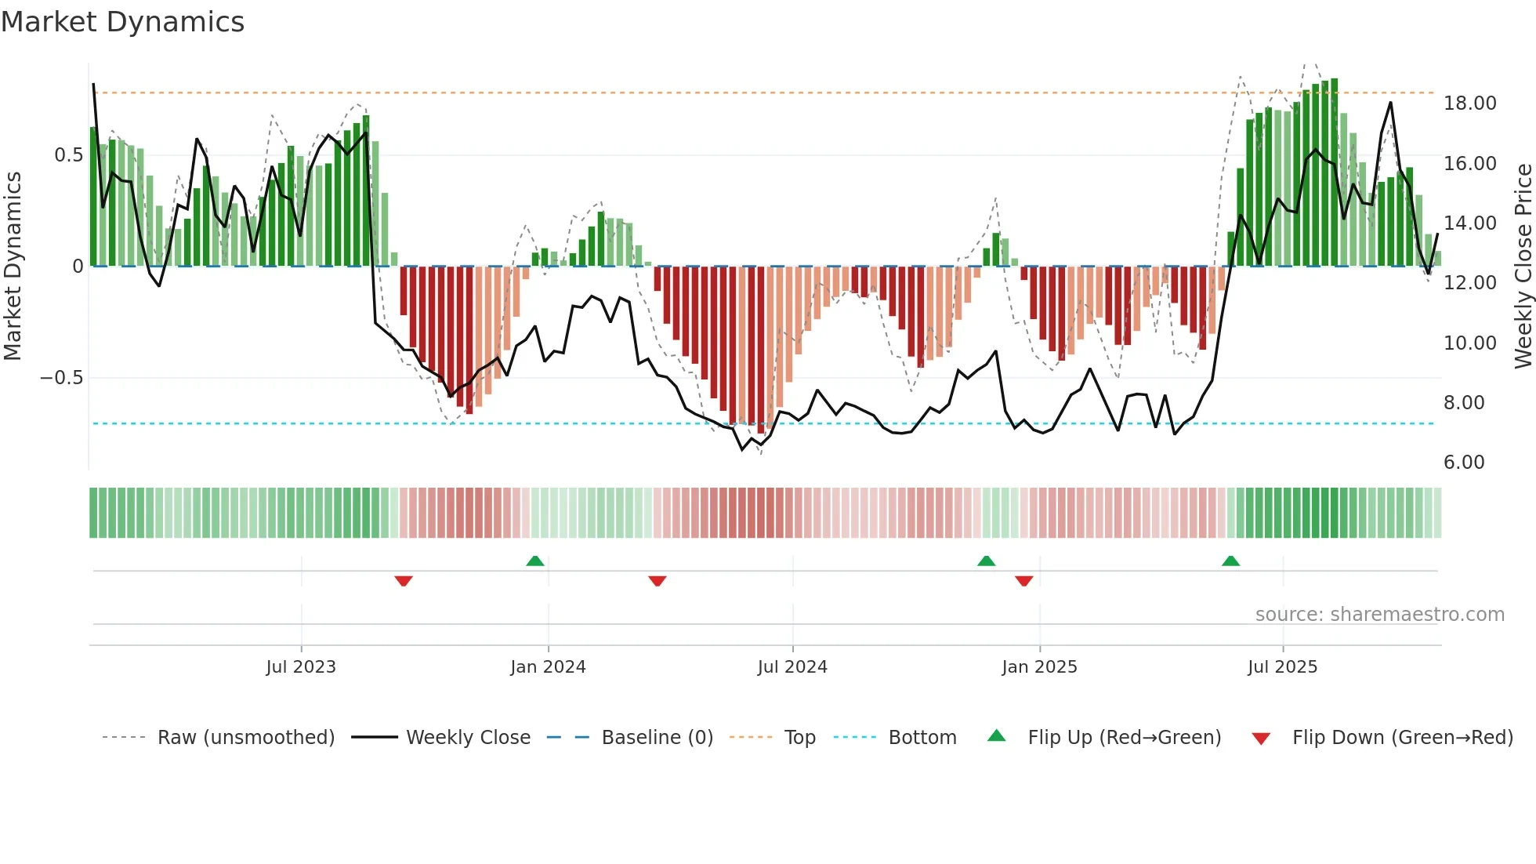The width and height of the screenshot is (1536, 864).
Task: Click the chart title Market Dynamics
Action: [122, 22]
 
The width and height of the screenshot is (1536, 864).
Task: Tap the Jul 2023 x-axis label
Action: [301, 667]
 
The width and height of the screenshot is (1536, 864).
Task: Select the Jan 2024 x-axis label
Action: [548, 667]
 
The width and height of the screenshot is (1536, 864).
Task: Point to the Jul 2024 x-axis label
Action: [792, 667]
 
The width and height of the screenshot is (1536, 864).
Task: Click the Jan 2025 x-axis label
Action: [1039, 667]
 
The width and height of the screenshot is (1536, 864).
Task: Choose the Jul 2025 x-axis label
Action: [1283, 667]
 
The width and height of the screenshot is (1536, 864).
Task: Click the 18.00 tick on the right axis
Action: [1470, 103]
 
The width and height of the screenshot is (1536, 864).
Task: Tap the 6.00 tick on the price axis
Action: [1464, 463]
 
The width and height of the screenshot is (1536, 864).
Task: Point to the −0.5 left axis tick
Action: [61, 378]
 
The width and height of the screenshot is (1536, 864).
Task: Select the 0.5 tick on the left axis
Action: [68, 155]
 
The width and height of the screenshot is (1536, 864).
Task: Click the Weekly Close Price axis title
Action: [1523, 267]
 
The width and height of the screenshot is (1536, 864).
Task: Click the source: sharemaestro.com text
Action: [1379, 615]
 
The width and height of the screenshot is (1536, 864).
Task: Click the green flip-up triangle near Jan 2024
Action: [535, 561]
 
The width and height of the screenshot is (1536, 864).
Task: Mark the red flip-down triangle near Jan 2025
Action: [1023, 581]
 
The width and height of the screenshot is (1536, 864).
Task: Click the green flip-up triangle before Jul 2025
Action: [1230, 561]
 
